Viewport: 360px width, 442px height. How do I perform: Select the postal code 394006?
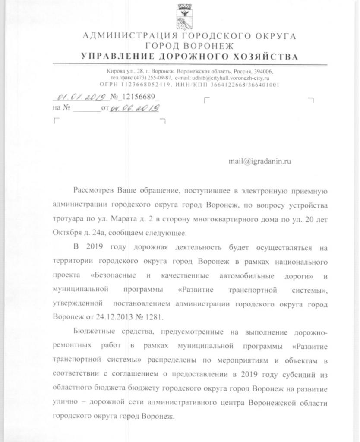[x=263, y=71]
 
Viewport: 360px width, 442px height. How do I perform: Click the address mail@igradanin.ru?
[x=260, y=161]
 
